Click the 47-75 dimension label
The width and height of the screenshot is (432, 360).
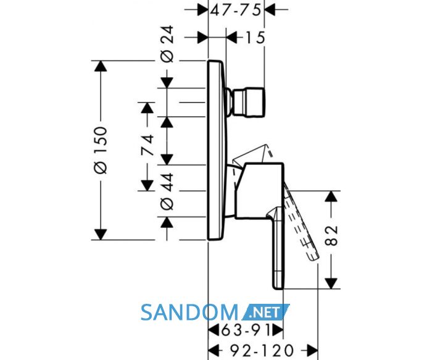236,10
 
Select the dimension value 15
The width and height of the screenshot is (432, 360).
255,38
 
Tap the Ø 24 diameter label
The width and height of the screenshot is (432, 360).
167,44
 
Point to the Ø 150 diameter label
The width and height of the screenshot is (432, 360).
100,150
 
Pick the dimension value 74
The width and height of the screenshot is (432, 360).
147,145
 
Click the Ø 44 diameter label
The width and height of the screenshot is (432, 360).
167,191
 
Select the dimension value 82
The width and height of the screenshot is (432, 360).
331,235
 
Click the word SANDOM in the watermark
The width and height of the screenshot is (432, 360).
189,312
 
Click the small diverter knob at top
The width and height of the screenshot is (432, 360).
246,103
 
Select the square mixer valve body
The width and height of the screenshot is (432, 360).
259,191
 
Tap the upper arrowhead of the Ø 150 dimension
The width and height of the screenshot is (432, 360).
100,66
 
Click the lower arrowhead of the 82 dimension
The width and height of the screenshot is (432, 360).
331,283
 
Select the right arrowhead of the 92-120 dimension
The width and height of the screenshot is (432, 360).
313,350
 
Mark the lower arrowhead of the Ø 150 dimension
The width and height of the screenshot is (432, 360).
100,234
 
